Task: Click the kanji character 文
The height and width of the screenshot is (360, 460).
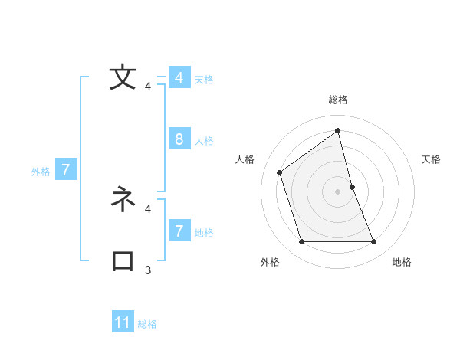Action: pyautogui.click(x=123, y=78)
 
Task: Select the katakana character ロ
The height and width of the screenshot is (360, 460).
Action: pyautogui.click(x=123, y=261)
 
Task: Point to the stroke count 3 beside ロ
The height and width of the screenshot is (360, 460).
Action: pyautogui.click(x=148, y=270)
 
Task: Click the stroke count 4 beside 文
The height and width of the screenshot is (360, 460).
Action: pyautogui.click(x=148, y=87)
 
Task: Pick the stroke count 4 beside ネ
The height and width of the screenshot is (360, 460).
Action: pyautogui.click(x=148, y=208)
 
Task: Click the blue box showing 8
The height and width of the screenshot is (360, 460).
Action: pyautogui.click(x=179, y=139)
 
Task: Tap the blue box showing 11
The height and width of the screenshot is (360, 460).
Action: pyautogui.click(x=123, y=322)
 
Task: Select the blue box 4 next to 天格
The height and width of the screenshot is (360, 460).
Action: pyautogui.click(x=179, y=78)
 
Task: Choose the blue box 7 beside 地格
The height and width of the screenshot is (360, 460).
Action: pyautogui.click(x=179, y=231)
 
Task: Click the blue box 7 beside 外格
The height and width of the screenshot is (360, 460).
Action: pyautogui.click(x=66, y=170)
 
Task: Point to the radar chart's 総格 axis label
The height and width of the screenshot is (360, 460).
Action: pyautogui.click(x=337, y=100)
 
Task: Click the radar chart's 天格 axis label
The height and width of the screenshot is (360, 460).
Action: pyautogui.click(x=432, y=159)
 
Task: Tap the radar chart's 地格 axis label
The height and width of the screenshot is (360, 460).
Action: pyautogui.click(x=402, y=262)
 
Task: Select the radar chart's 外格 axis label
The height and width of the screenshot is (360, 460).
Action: pyautogui.click(x=270, y=262)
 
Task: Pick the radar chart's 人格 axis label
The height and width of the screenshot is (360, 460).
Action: pyautogui.click(x=245, y=159)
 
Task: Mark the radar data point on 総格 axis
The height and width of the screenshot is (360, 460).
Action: pyautogui.click(x=337, y=131)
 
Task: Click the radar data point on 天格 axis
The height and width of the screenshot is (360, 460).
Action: pyautogui.click(x=352, y=186)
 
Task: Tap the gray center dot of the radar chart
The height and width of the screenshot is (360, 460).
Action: pyautogui.click(x=337, y=191)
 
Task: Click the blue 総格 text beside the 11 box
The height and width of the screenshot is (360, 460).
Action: pyautogui.click(x=147, y=324)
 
